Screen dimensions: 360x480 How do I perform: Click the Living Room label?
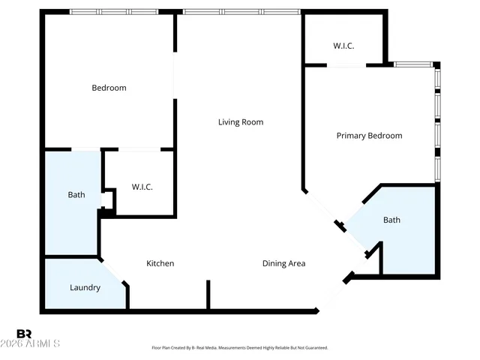coord(241,122)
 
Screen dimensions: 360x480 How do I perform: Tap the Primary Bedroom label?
coord(369,136)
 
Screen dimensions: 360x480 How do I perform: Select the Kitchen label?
coord(160,263)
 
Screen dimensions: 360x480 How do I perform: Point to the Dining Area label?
coord(283,263)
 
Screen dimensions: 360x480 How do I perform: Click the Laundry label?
coord(85,287)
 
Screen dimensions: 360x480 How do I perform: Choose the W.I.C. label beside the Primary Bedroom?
coord(343,46)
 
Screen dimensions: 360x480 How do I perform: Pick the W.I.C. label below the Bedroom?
coord(142,187)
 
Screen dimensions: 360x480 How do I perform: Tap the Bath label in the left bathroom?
coord(76,195)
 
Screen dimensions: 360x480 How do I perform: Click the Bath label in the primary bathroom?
coord(391,220)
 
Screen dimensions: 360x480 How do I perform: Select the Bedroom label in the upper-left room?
coord(109,88)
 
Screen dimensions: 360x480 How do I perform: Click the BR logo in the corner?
coord(24,334)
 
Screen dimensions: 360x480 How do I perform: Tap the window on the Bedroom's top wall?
coord(114,12)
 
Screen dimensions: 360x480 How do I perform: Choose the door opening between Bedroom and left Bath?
coord(85,148)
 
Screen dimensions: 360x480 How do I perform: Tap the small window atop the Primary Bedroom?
coord(414,64)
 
